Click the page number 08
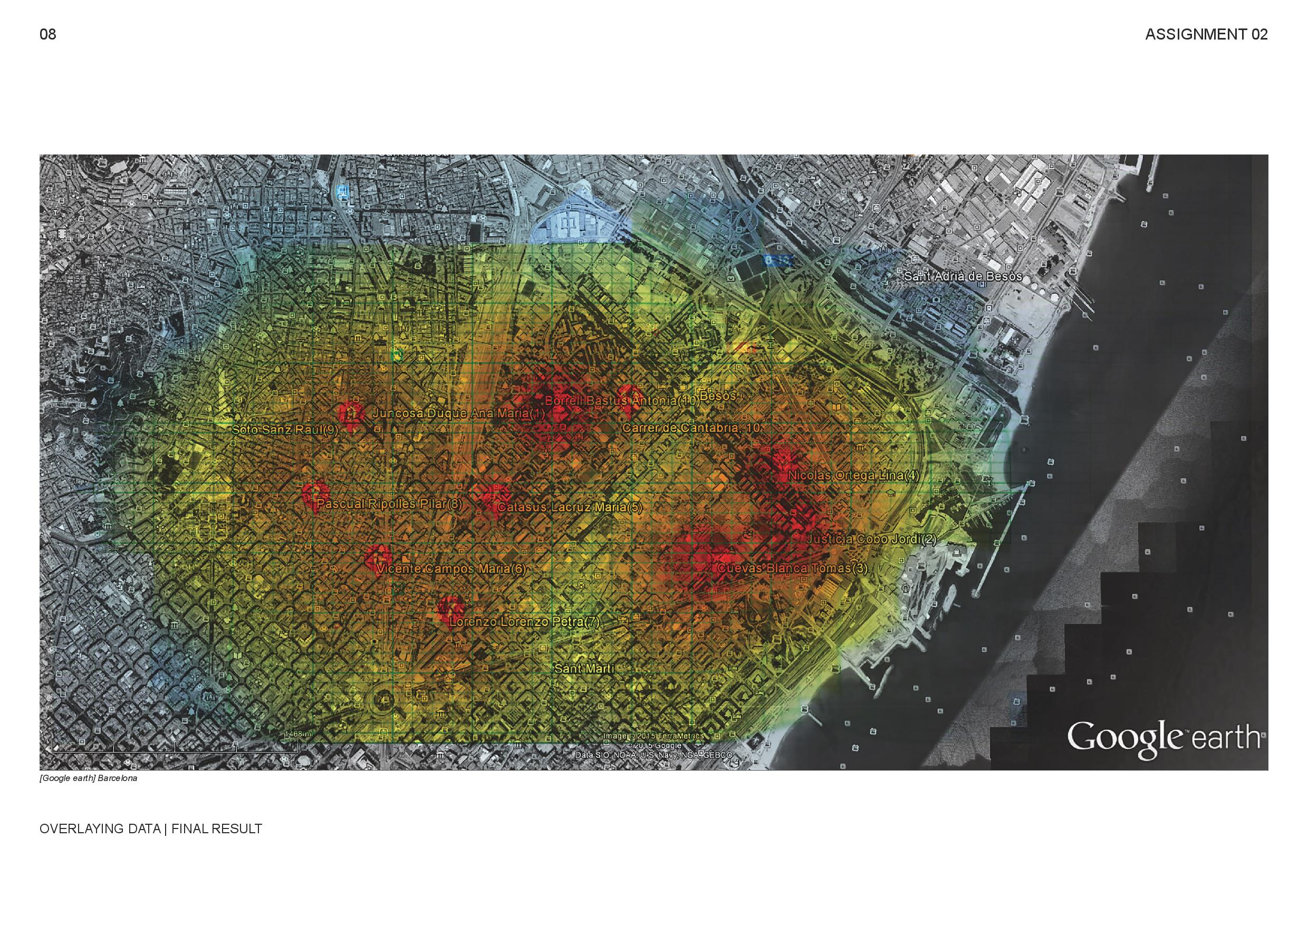[48, 35]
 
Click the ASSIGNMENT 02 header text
[1206, 35]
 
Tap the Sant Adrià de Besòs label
[963, 277]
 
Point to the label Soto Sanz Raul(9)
[285, 430]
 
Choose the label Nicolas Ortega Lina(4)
[853, 476]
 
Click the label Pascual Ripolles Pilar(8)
[390, 504]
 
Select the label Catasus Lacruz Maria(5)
[570, 507]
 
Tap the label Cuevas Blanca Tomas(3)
[792, 569]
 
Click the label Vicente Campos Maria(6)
[451, 569]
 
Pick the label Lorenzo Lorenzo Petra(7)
[524, 622]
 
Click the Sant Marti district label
[584, 669]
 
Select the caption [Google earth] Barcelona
[88, 778]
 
